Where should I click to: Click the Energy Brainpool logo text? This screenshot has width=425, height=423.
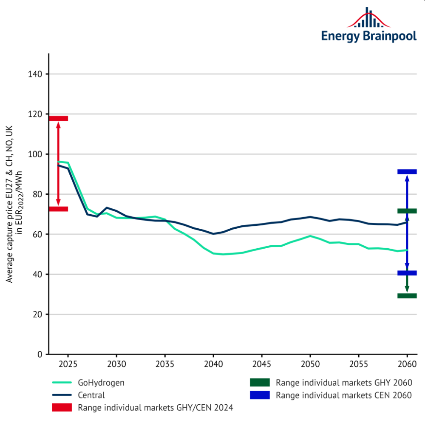368,36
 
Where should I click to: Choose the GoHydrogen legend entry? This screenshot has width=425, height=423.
101,383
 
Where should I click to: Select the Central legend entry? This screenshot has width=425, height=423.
91,395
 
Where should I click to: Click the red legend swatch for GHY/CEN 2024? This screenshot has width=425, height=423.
62,408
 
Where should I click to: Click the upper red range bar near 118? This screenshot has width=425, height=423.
58,118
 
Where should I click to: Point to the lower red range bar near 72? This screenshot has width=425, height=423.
58,209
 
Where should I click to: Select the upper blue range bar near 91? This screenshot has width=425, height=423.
407,172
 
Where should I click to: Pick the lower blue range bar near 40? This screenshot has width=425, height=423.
407,273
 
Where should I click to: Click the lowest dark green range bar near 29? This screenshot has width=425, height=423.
407,296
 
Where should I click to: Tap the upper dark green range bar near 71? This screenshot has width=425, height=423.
407,211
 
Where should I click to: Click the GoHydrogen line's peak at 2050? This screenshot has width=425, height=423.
310,236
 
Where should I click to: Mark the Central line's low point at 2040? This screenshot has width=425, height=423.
213,234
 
